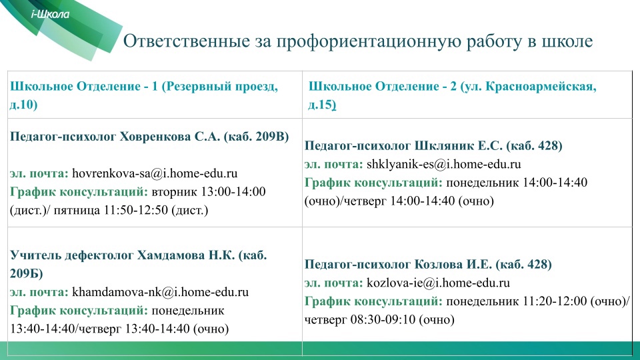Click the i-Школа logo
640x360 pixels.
(50, 14)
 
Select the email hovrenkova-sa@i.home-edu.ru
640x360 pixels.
(155, 173)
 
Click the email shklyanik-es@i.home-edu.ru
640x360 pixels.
(444, 164)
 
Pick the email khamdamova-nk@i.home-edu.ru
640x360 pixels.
(161, 292)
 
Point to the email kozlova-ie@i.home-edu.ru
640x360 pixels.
(439, 283)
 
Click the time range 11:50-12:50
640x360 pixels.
(136, 210)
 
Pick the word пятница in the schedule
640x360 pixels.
(77, 211)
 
